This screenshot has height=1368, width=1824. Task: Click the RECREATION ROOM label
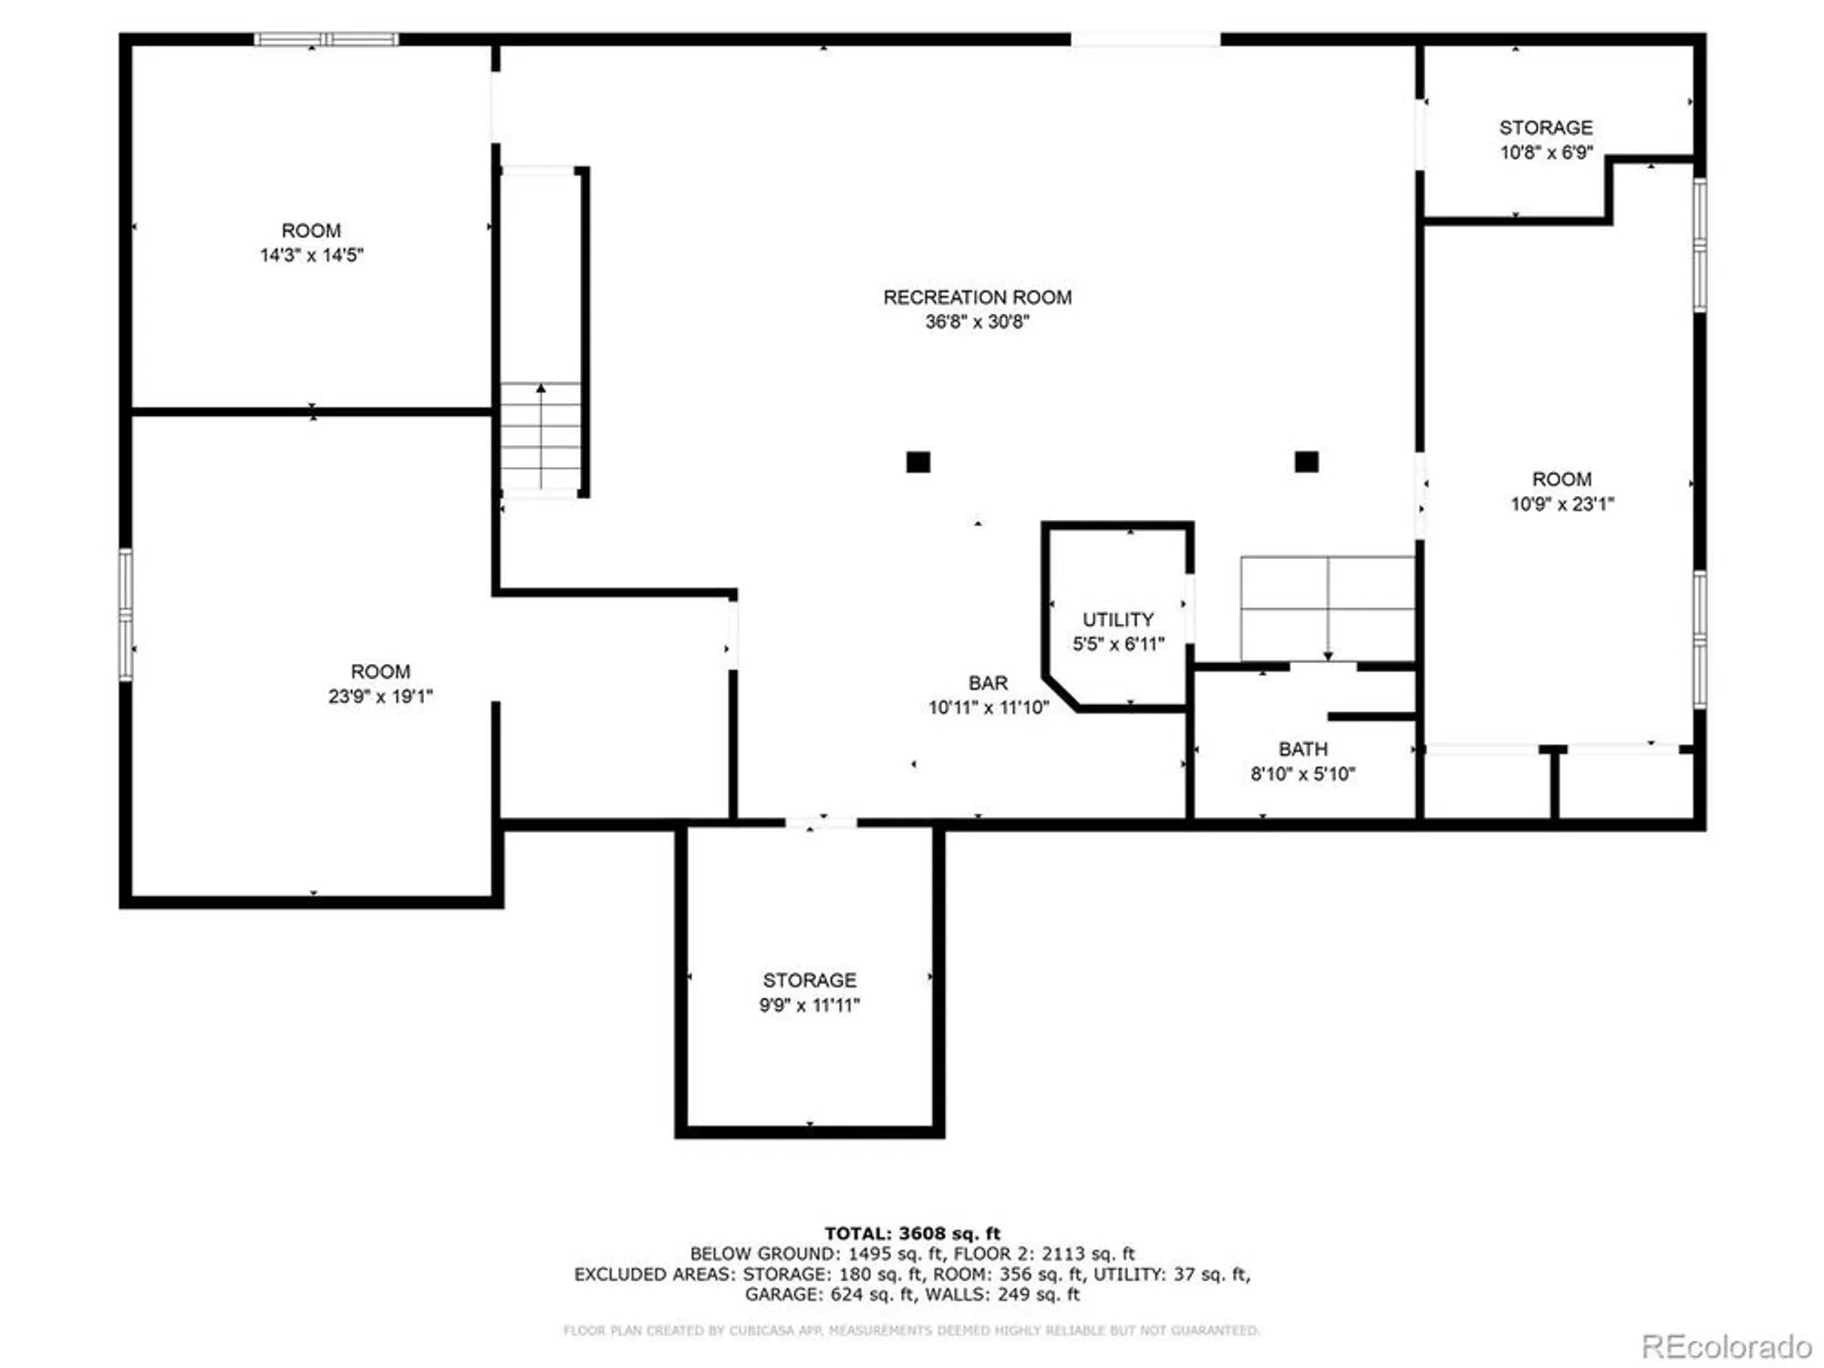coord(977,297)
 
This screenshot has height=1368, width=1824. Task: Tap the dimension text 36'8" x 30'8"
coord(977,322)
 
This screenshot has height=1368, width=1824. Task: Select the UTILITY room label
coord(1118,619)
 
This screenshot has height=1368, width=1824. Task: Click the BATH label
coord(1302,750)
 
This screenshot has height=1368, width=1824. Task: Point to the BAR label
coord(988,683)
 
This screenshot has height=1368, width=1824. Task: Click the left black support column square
coord(917,462)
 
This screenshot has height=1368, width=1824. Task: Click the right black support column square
coord(1306,461)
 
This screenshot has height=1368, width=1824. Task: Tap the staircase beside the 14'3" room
coord(541,438)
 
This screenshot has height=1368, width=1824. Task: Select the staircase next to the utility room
coord(1327,608)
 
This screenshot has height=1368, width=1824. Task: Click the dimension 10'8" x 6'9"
coord(1546,152)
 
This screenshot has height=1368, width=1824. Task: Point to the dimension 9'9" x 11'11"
coord(809,1005)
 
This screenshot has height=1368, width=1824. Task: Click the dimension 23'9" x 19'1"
coord(380,697)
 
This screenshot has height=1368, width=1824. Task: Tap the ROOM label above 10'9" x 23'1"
coord(1561,480)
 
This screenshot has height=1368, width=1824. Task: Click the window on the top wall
coord(326,39)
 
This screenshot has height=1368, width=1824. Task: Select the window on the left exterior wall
coord(126,614)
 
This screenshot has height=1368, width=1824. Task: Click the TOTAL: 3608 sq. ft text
coord(912,1234)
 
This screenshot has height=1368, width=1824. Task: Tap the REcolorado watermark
coord(1726,1346)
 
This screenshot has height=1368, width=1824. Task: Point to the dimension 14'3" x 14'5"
coord(311,255)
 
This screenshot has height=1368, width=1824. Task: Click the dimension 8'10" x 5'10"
coord(1302,774)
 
